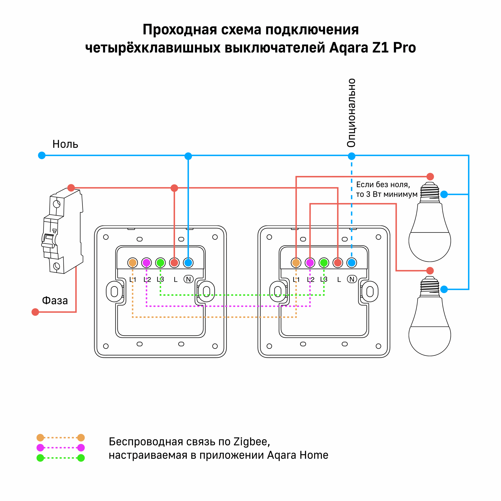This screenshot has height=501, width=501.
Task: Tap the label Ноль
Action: click(65, 144)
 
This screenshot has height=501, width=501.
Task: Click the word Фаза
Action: click(55, 301)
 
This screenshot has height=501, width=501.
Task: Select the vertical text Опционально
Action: click(351, 113)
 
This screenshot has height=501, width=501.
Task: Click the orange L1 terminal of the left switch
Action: click(132, 263)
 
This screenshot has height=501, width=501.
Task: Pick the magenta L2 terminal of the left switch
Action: click(147, 263)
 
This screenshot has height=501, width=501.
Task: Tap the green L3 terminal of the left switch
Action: click(160, 263)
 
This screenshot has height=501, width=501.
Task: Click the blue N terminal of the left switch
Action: click(188, 263)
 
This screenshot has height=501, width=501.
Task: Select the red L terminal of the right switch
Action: click(338, 263)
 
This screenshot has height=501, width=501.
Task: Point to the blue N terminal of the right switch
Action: click(352, 263)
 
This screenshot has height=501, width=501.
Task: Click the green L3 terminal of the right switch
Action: click(324, 263)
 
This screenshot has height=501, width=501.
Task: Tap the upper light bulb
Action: click(430, 226)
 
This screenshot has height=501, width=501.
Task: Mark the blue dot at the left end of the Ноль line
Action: click(42, 155)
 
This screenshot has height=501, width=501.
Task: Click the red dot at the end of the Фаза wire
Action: click(35, 312)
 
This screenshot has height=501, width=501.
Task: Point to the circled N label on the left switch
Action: click(188, 279)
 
